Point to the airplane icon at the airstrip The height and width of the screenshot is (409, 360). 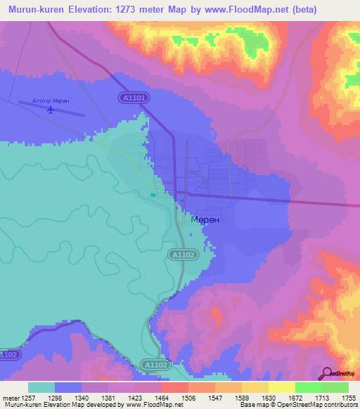coord(50,110)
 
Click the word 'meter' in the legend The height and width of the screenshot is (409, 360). coord(10,398)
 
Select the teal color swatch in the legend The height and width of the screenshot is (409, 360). coord(41,387)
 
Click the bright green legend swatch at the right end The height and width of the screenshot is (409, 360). coord(335,387)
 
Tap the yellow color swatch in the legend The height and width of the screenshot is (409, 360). coord(282,387)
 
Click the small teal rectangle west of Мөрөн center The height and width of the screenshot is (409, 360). coord(153,195)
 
